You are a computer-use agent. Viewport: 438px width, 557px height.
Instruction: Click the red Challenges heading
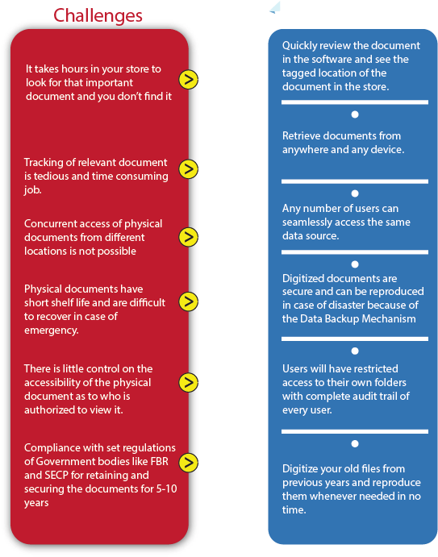click(x=98, y=16)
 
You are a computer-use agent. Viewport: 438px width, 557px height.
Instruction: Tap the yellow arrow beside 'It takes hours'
click(x=189, y=79)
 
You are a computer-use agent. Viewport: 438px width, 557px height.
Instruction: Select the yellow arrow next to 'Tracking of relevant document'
click(x=189, y=169)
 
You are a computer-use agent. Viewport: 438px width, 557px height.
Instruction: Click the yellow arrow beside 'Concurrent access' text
click(x=189, y=237)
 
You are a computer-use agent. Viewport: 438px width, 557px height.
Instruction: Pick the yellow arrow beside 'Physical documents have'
click(x=189, y=301)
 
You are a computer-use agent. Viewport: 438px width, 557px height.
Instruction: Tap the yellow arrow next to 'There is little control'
click(x=189, y=383)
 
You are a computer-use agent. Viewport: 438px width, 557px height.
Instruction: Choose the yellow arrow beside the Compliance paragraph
click(x=189, y=463)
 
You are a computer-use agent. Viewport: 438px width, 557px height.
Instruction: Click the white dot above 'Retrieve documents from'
click(x=355, y=114)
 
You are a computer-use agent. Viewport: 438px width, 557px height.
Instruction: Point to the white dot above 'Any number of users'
click(x=355, y=193)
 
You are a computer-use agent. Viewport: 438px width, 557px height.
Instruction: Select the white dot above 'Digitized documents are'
click(x=355, y=264)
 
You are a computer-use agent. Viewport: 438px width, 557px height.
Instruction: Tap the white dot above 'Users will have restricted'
click(x=355, y=351)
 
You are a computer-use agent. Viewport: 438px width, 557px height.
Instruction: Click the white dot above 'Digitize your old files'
click(x=355, y=443)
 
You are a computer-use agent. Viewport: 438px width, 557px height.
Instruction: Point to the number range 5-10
click(x=166, y=489)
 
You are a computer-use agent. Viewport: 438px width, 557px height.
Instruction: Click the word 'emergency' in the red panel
click(x=51, y=330)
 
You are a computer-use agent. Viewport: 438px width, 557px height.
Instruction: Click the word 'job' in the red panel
click(x=33, y=190)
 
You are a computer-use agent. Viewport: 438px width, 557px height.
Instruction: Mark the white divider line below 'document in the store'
click(x=355, y=102)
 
